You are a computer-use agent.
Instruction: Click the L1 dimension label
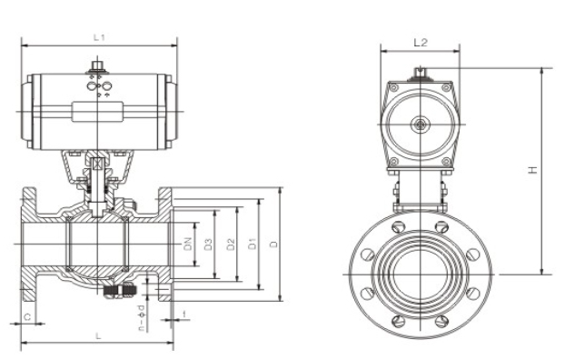100,37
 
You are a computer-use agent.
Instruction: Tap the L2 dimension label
421,42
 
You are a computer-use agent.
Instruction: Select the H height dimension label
533,169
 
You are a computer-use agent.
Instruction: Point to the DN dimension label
188,244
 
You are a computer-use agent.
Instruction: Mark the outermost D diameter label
275,244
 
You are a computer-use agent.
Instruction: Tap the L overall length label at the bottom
98,335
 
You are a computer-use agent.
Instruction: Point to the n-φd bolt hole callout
142,317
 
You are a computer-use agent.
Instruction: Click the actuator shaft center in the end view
421,124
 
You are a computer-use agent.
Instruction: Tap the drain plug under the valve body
121,291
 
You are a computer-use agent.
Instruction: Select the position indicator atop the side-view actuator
99,66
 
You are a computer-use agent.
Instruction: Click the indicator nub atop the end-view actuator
421,74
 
